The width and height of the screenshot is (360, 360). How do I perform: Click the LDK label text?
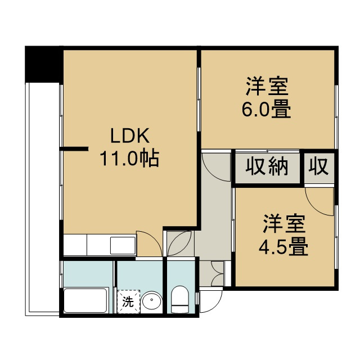[130, 136]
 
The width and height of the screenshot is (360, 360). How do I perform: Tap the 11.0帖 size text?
[129, 159]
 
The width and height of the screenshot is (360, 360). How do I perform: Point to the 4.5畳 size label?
[283, 246]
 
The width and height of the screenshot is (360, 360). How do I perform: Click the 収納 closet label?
[267, 166]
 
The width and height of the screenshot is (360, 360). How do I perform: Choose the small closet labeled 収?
[318, 166]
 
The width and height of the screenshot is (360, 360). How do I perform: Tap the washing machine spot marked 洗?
[128, 301]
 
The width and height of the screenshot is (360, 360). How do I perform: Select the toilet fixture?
[180, 299]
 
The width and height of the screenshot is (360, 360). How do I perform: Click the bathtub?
[86, 300]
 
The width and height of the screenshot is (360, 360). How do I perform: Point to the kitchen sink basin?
[123, 245]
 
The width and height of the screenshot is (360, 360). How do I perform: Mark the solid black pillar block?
[44, 64]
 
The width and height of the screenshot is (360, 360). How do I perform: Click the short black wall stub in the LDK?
[74, 148]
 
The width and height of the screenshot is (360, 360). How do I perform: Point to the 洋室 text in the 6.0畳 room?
[267, 86]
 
